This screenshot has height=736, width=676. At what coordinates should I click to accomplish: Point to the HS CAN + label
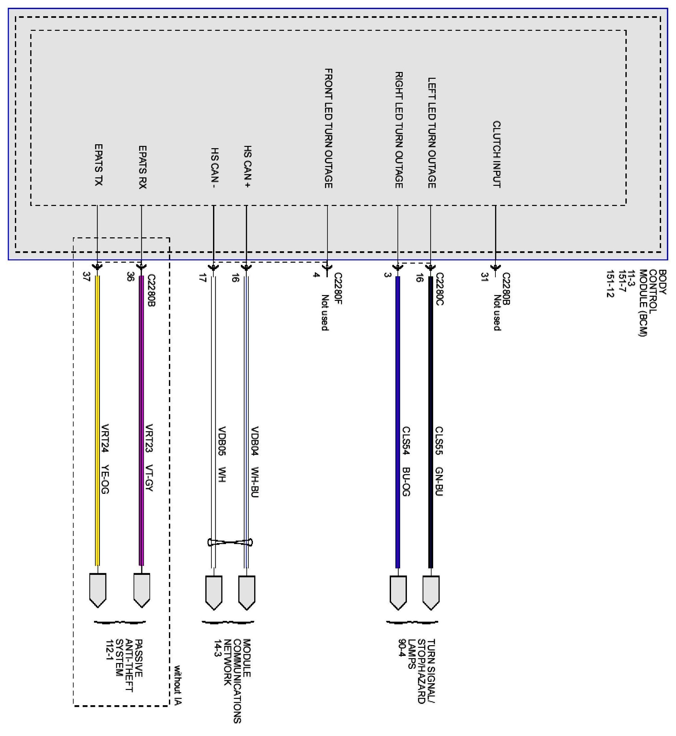(248, 166)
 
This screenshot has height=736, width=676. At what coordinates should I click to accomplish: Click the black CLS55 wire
(431, 366)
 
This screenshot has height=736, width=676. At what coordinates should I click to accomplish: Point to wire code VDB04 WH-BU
(255, 462)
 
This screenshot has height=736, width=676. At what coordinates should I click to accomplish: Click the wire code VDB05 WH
(222, 454)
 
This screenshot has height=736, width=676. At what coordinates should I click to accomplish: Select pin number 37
(87, 277)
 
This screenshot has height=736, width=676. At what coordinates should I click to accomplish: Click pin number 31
(485, 277)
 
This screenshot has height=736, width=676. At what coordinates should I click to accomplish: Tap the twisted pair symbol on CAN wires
(230, 542)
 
